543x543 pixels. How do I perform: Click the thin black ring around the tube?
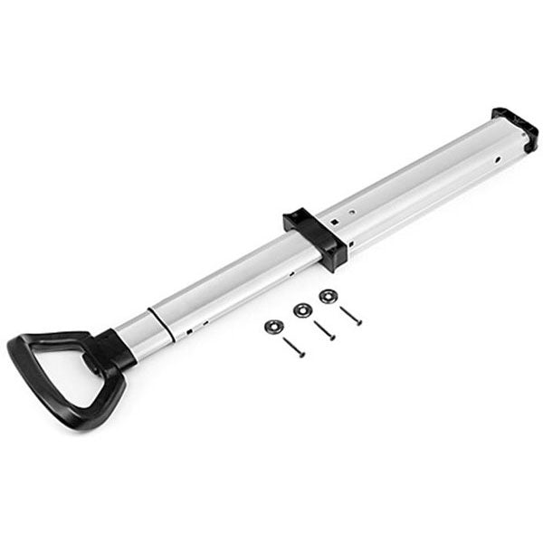(157, 316)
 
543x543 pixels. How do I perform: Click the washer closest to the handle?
(271, 324)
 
